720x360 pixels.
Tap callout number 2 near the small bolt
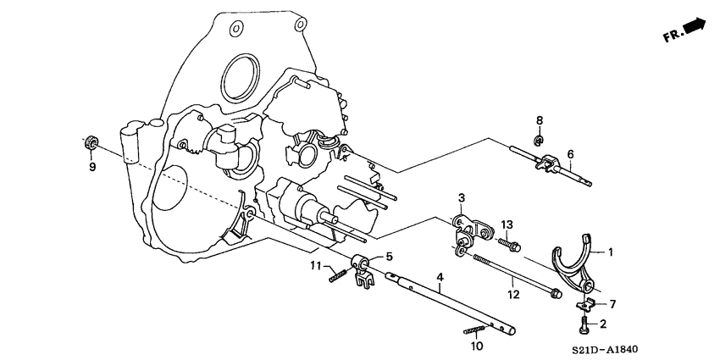coord(602,324)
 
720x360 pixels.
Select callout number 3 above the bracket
coord(461,198)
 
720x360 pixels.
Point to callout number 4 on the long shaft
coord(440,277)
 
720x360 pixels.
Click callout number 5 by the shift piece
coord(390,257)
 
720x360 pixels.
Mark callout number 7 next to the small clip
coord(613,302)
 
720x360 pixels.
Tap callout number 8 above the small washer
coord(539,119)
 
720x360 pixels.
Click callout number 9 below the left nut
coord(93,167)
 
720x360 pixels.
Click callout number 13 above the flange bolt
coord(507,224)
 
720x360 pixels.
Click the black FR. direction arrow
coord(694,28)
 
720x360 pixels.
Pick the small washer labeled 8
coord(539,139)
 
